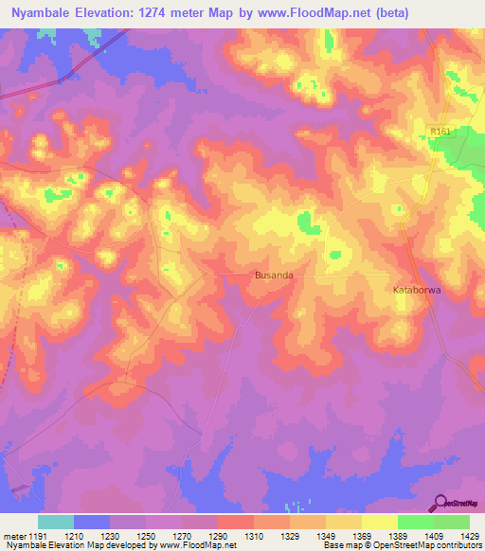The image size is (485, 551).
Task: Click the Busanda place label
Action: click(x=274, y=275)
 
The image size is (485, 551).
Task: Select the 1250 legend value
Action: click(x=147, y=536)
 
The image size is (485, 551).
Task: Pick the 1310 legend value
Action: click(x=254, y=536)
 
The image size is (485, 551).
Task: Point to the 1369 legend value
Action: click(x=362, y=536)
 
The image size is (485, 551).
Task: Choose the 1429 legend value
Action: click(x=469, y=536)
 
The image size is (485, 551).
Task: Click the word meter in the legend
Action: click(x=13, y=536)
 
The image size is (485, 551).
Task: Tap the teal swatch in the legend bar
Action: click(x=56, y=522)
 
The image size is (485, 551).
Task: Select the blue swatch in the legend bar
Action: click(x=92, y=522)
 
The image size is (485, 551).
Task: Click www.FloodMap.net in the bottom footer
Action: click(x=198, y=546)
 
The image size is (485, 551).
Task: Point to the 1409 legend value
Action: click(x=434, y=536)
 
